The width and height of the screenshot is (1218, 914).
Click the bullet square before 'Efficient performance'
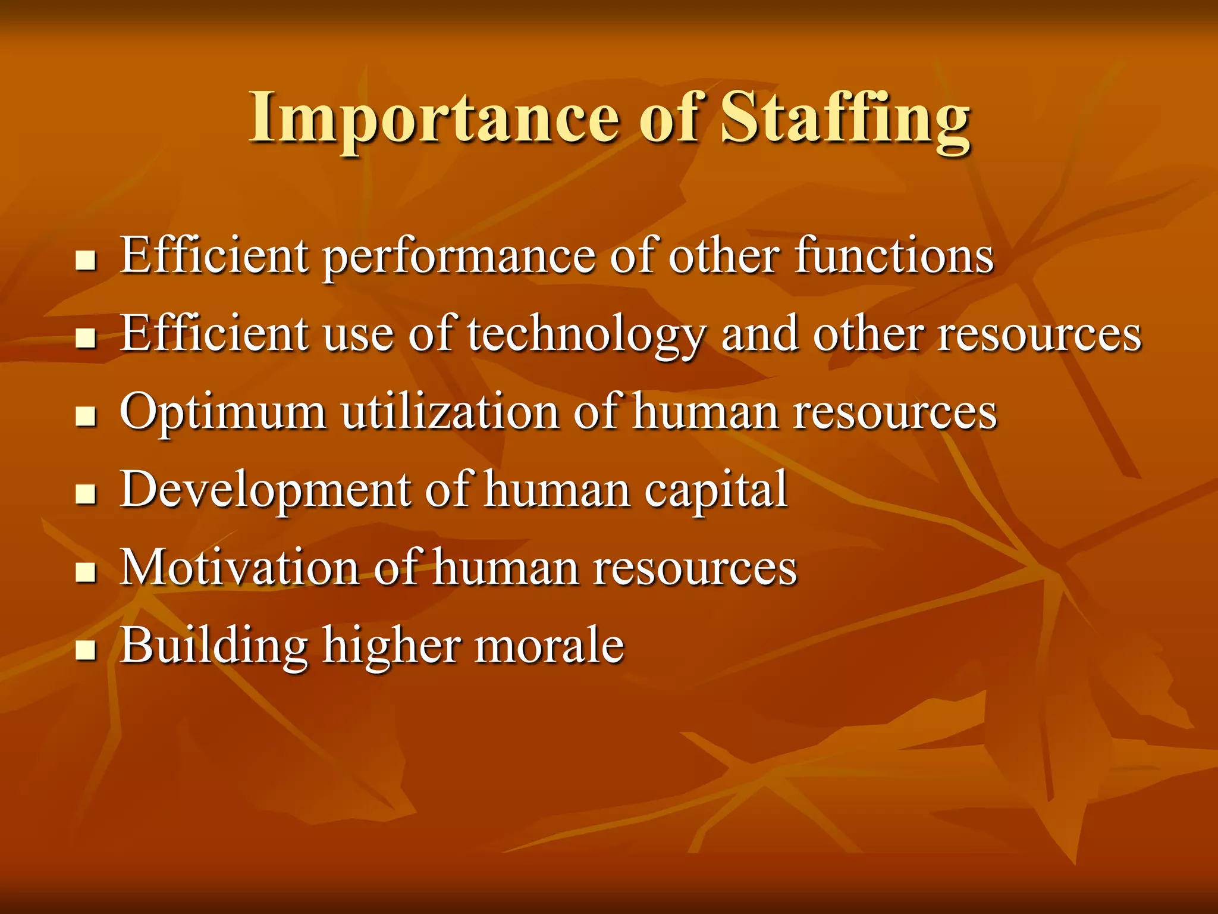coord(86,260)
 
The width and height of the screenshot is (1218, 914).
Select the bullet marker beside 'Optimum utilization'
coord(86,417)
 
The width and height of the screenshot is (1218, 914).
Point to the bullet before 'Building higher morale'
coord(86,650)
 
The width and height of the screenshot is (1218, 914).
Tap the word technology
coord(585,334)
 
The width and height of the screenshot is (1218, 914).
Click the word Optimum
coord(223,412)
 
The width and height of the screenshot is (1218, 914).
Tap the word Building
coord(214,646)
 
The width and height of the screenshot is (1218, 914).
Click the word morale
coord(549,646)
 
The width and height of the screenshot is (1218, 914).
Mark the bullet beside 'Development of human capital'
coord(86,494)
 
